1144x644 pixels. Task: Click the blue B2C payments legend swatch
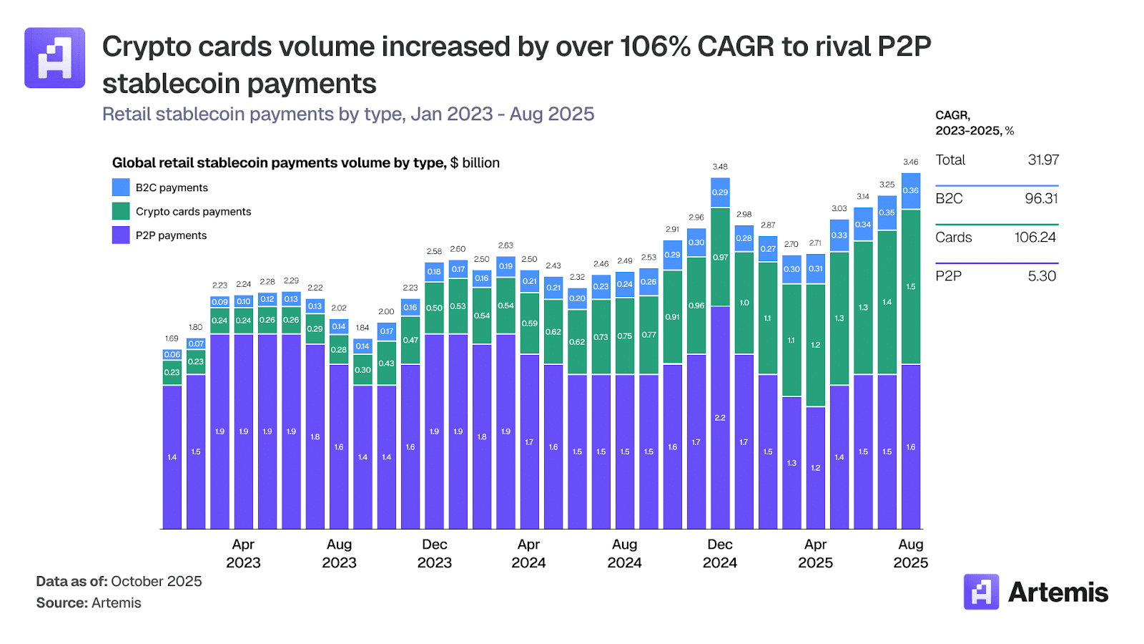121,187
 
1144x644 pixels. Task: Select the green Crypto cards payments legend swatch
121,211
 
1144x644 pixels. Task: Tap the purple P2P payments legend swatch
121,235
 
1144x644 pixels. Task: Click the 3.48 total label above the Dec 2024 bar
720,167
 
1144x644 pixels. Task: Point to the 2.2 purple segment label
720,418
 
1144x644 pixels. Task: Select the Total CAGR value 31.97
1043,160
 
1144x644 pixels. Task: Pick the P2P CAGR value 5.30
1042,276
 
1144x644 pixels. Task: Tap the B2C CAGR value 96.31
1041,199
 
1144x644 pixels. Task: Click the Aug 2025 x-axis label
911,553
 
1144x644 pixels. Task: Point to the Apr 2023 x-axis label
243,553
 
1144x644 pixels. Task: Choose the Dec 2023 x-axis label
435,553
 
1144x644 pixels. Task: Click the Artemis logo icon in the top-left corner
55,58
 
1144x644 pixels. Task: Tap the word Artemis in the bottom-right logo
1057,592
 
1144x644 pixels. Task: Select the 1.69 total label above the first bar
172,338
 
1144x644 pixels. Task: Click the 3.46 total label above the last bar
910,162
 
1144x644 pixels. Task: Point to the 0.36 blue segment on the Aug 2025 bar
911,191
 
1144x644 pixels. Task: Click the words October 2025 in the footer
157,581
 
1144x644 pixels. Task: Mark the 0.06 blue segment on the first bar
172,355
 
